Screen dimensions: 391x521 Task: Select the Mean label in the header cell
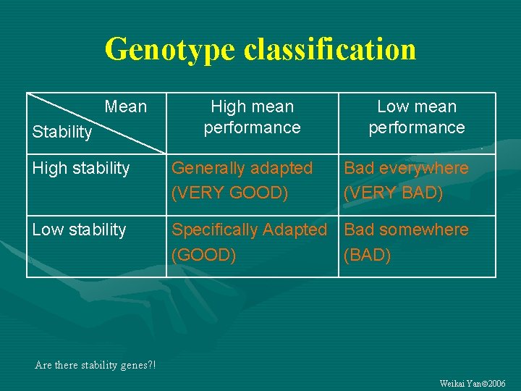pos(125,107)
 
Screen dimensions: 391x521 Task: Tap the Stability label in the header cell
pos(62,133)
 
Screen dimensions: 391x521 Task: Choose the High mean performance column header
pos(252,117)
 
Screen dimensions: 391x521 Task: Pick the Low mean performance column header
pos(417,117)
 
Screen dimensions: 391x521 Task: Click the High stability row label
pos(81,169)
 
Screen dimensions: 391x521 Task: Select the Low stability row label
pos(79,230)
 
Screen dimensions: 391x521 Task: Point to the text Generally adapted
pos(242,169)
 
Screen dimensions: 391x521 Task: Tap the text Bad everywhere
pos(406,169)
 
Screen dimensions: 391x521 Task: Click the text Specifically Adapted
pos(249,230)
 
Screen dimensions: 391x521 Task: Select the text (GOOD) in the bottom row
pos(203,256)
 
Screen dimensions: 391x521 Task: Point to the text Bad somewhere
pos(406,230)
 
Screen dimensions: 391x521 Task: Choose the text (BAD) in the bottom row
pos(368,256)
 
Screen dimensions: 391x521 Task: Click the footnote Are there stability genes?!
pos(95,365)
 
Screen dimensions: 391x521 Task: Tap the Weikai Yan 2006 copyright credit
pos(473,383)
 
